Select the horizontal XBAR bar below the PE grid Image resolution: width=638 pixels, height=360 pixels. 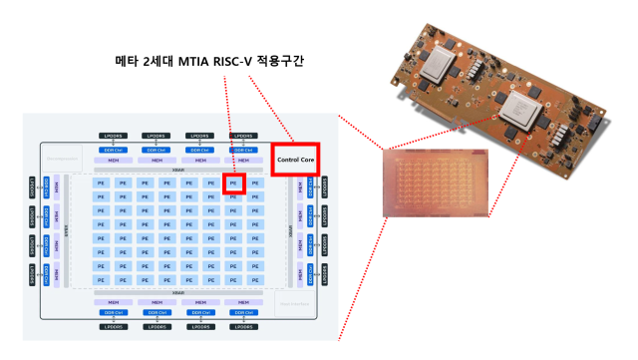coord(178,291)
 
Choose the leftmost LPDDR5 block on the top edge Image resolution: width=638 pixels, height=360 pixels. coord(111,136)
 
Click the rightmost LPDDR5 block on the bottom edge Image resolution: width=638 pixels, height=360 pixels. coord(245,326)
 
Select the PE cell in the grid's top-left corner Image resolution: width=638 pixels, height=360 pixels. coord(101,183)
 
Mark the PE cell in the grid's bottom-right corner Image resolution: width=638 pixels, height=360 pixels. coord(257,279)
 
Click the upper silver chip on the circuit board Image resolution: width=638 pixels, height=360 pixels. coord(442,64)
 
